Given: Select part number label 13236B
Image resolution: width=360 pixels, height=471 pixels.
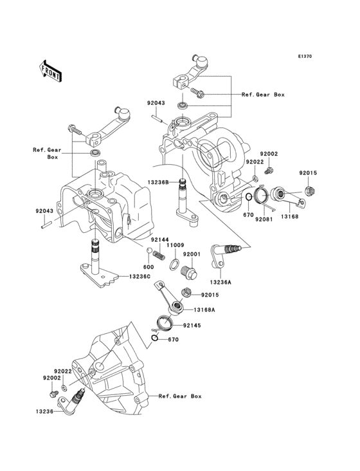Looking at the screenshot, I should pyautogui.click(x=157, y=182).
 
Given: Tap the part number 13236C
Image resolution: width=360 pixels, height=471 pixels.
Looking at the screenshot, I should pyautogui.click(x=138, y=276).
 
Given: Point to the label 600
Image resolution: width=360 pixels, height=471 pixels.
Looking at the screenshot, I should pyautogui.click(x=147, y=266).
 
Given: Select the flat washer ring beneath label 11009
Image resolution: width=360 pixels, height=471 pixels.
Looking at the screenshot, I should pyautogui.click(x=174, y=264).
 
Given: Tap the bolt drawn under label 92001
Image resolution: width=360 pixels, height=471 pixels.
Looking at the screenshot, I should pyautogui.click(x=190, y=272).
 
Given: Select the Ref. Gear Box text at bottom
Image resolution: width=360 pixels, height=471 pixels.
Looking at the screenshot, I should pyautogui.click(x=180, y=396).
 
